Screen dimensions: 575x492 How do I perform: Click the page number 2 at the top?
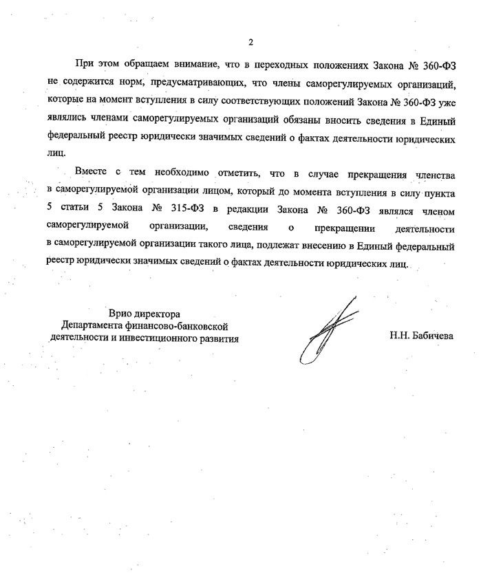pos(250,42)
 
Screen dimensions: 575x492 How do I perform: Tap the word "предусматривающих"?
pos(175,83)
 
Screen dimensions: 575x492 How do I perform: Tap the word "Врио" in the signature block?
pos(120,314)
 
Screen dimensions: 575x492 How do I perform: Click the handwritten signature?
pos(323,330)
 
